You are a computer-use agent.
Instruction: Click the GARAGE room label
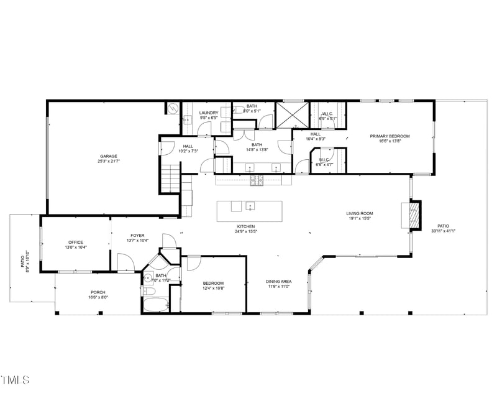click(x=109, y=156)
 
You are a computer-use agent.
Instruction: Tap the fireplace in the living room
click(x=413, y=214)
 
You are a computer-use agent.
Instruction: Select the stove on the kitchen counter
click(x=257, y=180)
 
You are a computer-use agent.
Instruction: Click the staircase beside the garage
click(x=170, y=179)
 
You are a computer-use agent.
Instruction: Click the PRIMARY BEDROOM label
click(x=390, y=136)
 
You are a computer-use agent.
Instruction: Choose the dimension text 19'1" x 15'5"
click(x=359, y=218)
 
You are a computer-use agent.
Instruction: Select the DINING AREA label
click(x=279, y=281)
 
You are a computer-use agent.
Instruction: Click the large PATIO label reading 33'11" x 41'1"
click(x=443, y=226)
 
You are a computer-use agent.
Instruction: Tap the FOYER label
click(x=137, y=236)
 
